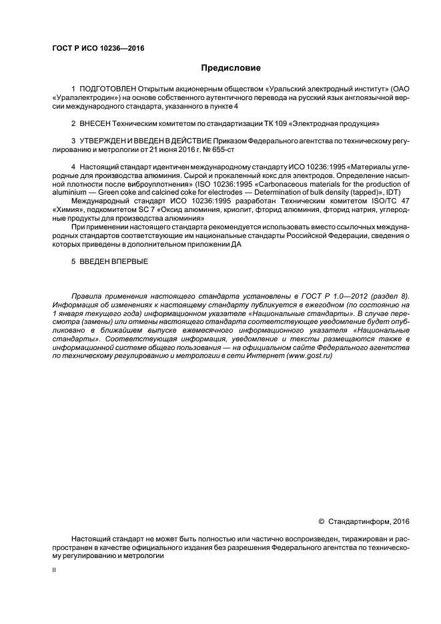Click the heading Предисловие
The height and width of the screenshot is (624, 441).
click(x=231, y=68)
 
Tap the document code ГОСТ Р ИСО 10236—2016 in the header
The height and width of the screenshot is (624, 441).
click(x=98, y=49)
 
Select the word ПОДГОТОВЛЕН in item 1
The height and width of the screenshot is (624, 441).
click(x=107, y=89)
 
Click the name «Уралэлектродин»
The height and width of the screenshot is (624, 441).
click(x=85, y=98)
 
